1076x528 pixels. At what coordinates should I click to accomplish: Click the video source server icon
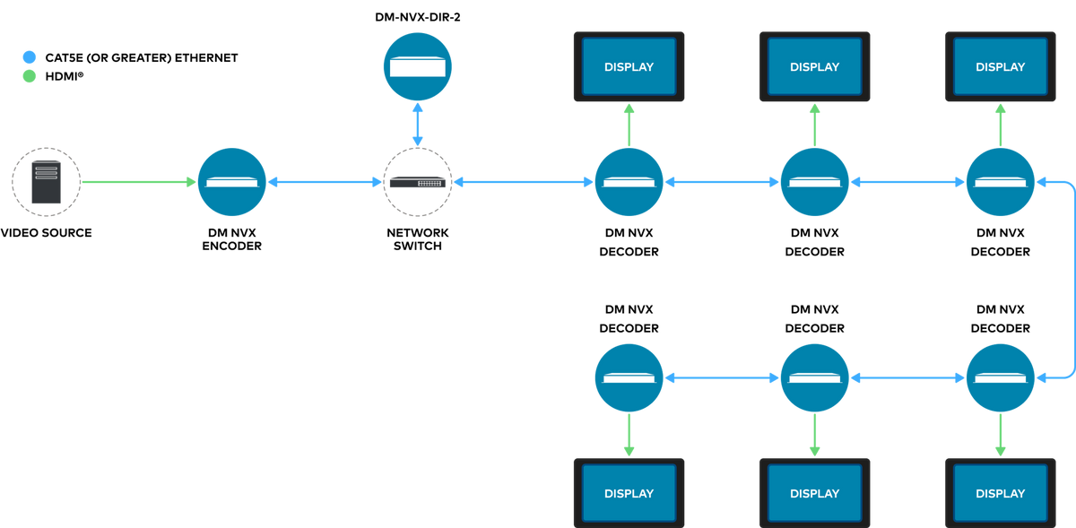pos(46,182)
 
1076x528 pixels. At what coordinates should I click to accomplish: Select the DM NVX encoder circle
pos(232,182)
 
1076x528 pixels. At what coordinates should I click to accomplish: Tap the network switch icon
pos(418,183)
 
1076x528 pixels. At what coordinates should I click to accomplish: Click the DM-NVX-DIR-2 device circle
pos(418,66)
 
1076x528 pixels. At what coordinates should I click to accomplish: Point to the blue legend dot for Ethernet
pos(30,57)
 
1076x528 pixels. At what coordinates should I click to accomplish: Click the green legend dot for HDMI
pos(30,76)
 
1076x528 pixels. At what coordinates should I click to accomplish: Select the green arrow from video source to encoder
pos(139,182)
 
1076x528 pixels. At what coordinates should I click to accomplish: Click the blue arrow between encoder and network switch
pos(325,182)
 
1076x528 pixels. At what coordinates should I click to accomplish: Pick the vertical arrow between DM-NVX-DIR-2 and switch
pos(418,125)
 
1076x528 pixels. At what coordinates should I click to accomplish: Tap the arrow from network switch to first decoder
pos(524,182)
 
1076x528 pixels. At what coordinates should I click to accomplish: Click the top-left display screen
pos(629,66)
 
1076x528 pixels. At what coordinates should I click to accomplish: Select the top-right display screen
pos(1000,66)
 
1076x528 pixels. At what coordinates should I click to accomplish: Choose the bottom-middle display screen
pos(815,493)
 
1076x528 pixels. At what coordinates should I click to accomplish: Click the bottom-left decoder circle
pos(629,377)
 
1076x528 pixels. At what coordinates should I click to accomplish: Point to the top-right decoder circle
pos(1000,182)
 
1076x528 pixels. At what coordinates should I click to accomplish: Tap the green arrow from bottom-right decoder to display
pos(1000,435)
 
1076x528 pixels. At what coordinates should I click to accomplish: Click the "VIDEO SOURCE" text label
pos(46,232)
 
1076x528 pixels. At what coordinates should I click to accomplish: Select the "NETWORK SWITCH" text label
pos(418,239)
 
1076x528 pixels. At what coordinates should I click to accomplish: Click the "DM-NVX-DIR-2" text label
pos(418,17)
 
